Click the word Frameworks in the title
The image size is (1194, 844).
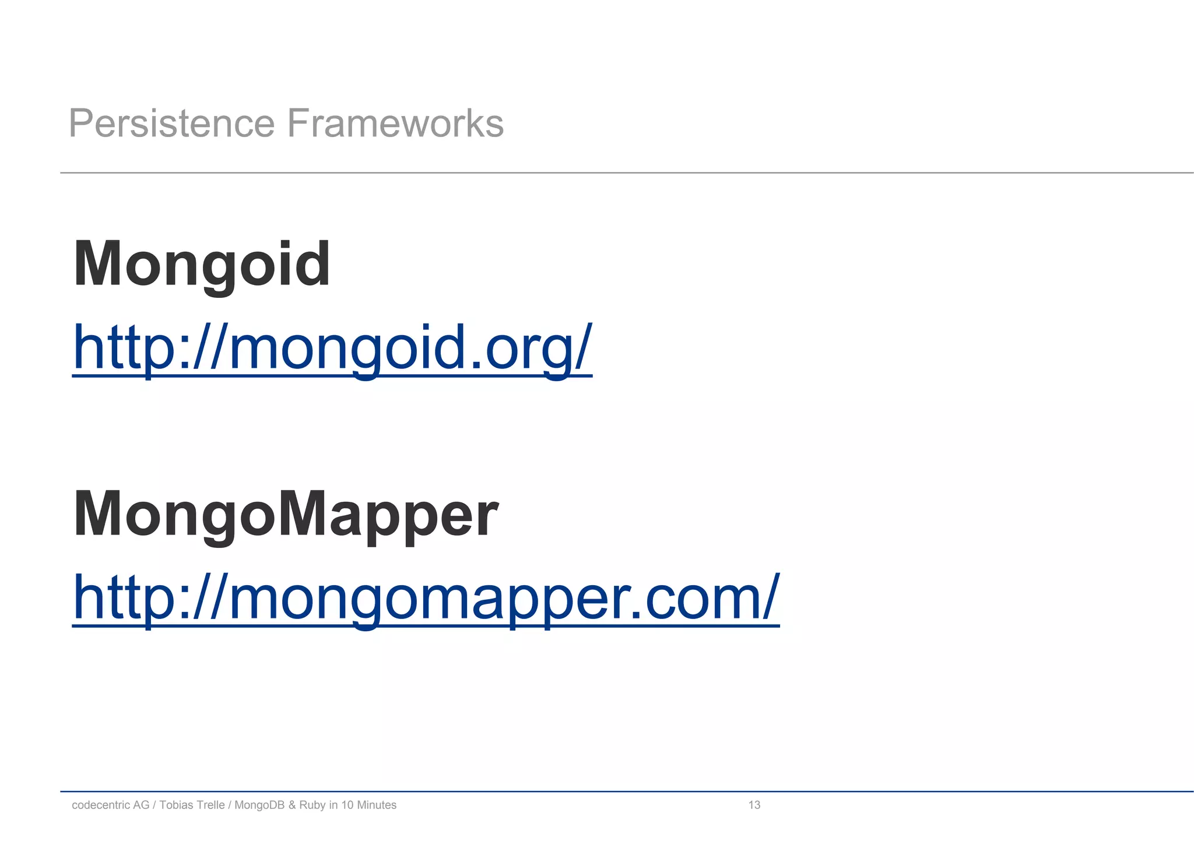(x=395, y=124)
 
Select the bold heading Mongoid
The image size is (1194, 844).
(x=202, y=265)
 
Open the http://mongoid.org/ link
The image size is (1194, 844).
(x=332, y=349)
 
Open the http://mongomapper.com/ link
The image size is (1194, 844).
(x=426, y=598)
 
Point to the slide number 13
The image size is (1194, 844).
(x=754, y=805)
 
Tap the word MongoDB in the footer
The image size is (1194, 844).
(x=259, y=805)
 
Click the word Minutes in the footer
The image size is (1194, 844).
(x=377, y=805)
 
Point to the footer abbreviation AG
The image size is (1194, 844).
(x=141, y=805)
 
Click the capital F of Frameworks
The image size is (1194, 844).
(x=297, y=124)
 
